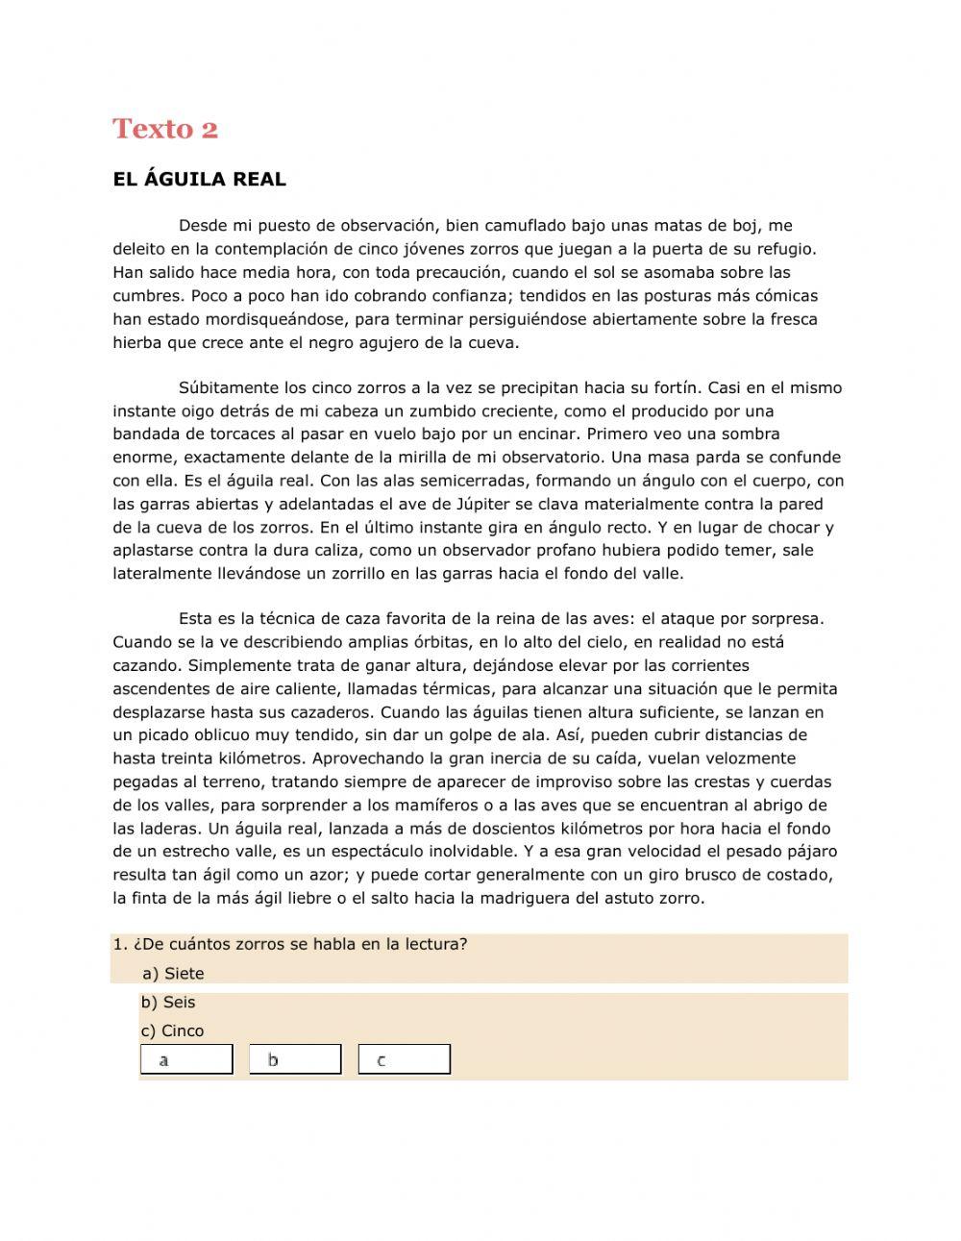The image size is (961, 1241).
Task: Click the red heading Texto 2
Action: coord(165,129)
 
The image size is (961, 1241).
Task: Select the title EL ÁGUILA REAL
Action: coord(199,180)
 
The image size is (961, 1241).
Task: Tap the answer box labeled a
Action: coord(186,1059)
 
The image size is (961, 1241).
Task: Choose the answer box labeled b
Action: coord(295,1059)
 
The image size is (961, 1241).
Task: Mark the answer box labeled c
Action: coord(404,1059)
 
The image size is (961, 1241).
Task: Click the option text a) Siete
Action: coord(173,974)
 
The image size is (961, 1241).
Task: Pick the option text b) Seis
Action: coord(168,1003)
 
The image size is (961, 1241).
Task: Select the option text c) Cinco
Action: coord(173,1031)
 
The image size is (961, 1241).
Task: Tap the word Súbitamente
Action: coord(229,388)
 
